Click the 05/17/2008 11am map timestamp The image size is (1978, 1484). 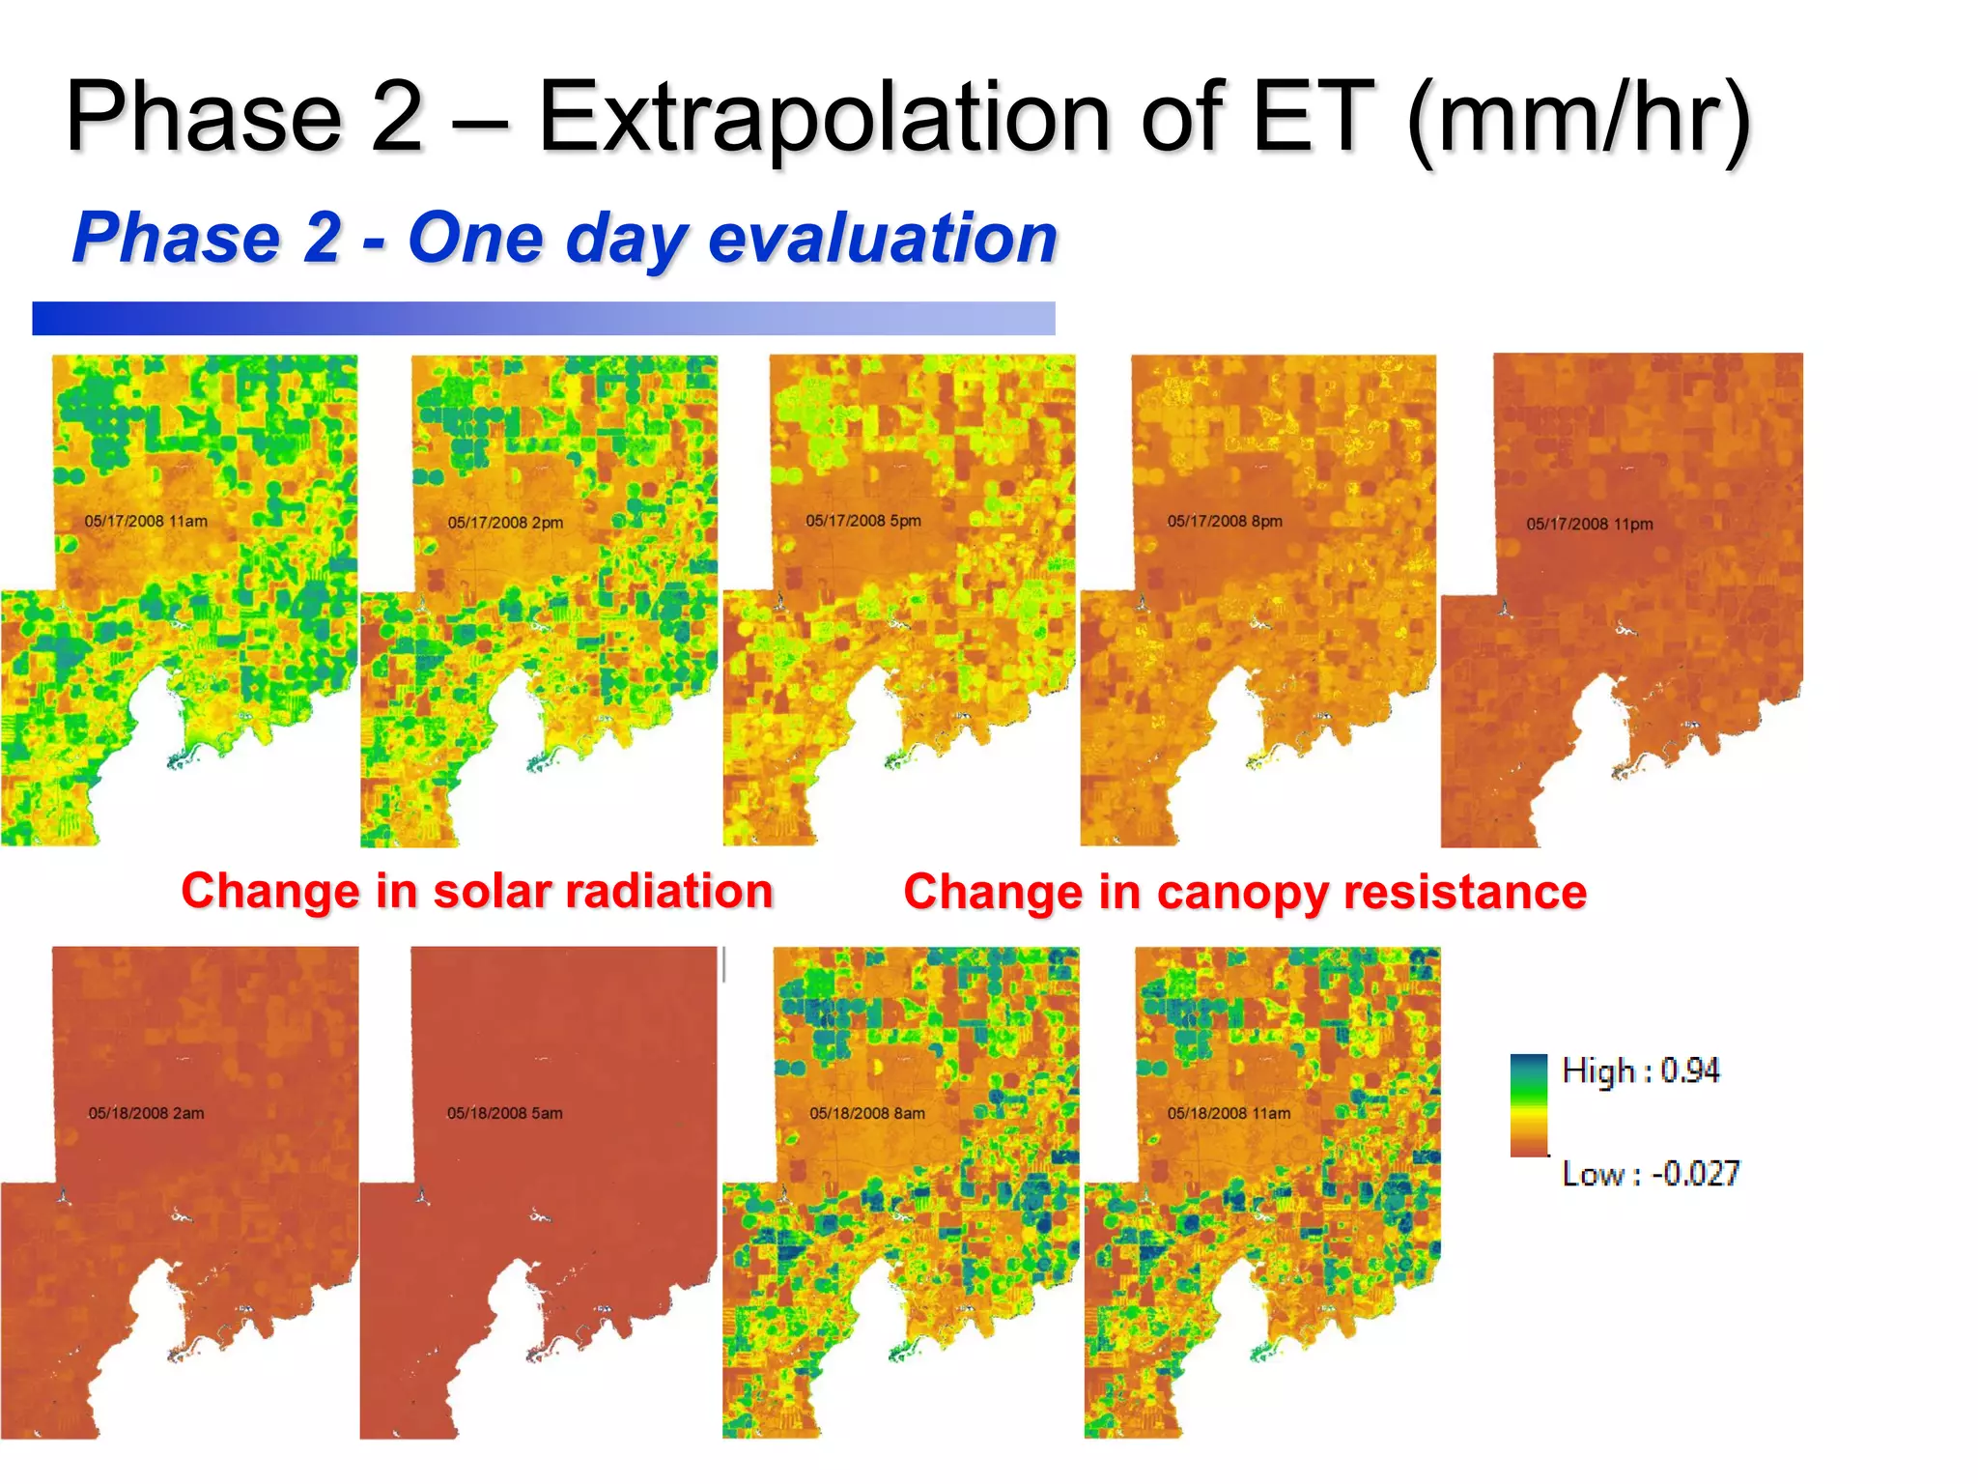(x=146, y=521)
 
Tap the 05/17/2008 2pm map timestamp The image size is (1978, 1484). (x=505, y=523)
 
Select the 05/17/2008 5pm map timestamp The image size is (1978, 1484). (x=863, y=521)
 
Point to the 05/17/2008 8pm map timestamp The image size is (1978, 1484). (x=1225, y=522)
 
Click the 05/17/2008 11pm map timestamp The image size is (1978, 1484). (x=1590, y=524)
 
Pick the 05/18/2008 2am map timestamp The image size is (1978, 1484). (x=146, y=1113)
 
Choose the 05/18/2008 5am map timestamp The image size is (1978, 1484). (x=505, y=1113)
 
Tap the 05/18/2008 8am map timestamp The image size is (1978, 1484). (x=867, y=1113)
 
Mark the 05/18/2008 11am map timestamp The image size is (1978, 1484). (x=1229, y=1113)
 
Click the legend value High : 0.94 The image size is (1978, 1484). (x=1641, y=1070)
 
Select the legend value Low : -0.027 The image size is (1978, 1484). (x=1651, y=1174)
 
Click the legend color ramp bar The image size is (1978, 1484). (x=1529, y=1105)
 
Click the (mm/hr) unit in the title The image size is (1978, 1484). (x=1578, y=117)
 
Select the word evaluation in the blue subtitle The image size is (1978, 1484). (x=883, y=239)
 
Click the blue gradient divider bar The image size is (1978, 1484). (x=544, y=319)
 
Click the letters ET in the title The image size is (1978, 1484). (x=1313, y=117)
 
